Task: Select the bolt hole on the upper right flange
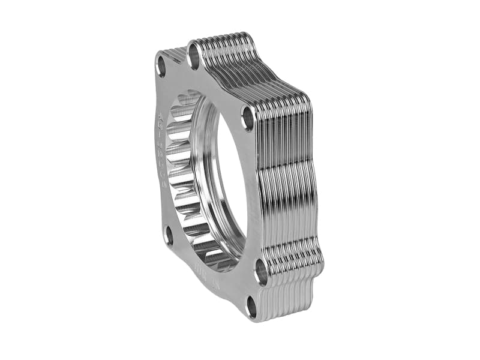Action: (x=247, y=118)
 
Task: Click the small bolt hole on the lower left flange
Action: (x=169, y=235)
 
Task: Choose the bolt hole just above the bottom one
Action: (x=261, y=271)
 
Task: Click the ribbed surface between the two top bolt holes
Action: (x=176, y=52)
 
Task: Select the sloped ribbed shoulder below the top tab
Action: (x=264, y=72)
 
